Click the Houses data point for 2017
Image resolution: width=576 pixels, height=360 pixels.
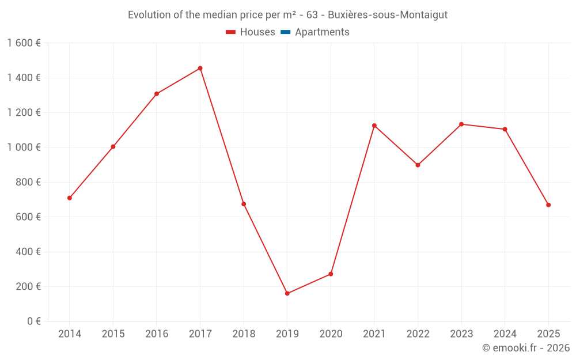[x=200, y=69]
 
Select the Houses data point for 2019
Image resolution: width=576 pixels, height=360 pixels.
[x=287, y=294]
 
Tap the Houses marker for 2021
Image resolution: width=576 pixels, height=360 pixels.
[x=374, y=126]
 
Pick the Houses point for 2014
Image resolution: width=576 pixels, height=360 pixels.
[x=70, y=198]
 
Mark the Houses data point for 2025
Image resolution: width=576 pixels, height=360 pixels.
[x=548, y=205]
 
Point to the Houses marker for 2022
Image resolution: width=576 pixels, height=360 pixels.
[x=418, y=165]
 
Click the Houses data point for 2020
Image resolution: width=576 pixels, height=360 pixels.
[x=331, y=274]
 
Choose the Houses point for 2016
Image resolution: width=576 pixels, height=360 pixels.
[x=157, y=94]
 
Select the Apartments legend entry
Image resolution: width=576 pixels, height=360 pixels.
[x=322, y=32]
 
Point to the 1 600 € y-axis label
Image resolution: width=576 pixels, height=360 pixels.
[x=24, y=43]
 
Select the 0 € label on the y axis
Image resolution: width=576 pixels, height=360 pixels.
[x=34, y=321]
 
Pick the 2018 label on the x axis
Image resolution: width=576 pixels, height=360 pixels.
[x=244, y=334]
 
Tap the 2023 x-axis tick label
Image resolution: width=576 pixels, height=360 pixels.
[x=461, y=334]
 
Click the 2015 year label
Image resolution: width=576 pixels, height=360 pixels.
[x=113, y=334]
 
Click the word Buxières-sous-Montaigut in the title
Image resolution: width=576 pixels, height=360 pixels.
[x=388, y=15]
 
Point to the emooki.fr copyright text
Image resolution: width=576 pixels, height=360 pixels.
[x=526, y=348]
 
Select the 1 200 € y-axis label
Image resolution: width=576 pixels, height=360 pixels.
[x=24, y=113]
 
